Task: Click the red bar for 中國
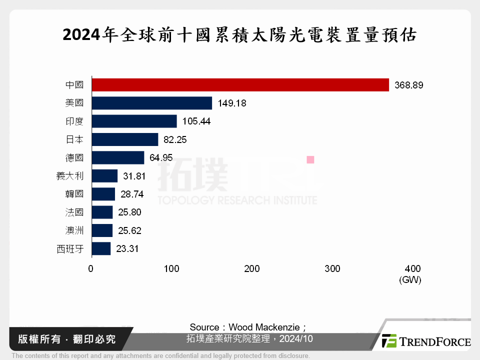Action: click(240, 85)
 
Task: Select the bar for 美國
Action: click(151, 103)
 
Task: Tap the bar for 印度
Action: click(134, 121)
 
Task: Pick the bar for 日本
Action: click(124, 139)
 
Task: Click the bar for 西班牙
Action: click(101, 248)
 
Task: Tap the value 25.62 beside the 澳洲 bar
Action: click(129, 230)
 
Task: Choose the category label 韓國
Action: click(74, 194)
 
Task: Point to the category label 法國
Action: click(74, 212)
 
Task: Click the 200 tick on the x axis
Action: click(252, 269)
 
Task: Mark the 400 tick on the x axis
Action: click(413, 269)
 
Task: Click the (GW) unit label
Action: click(410, 280)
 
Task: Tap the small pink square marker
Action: click(310, 159)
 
